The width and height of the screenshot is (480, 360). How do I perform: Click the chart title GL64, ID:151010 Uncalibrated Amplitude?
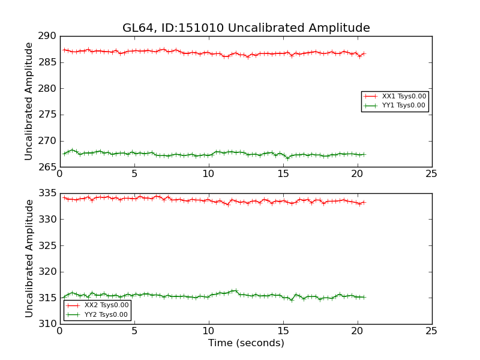[x=246, y=28]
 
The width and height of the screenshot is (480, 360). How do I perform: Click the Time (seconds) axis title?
[x=246, y=343]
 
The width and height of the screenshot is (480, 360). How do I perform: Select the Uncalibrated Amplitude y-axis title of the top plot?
[x=29, y=101]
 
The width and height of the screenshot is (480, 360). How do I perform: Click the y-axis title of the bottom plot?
[x=29, y=259]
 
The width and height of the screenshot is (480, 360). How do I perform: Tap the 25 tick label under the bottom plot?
[x=431, y=331]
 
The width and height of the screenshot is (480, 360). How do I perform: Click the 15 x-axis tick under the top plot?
[x=283, y=174]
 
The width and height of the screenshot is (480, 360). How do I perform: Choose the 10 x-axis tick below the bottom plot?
[x=208, y=331]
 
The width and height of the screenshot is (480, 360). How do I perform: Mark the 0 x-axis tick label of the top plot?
[x=59, y=174]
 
